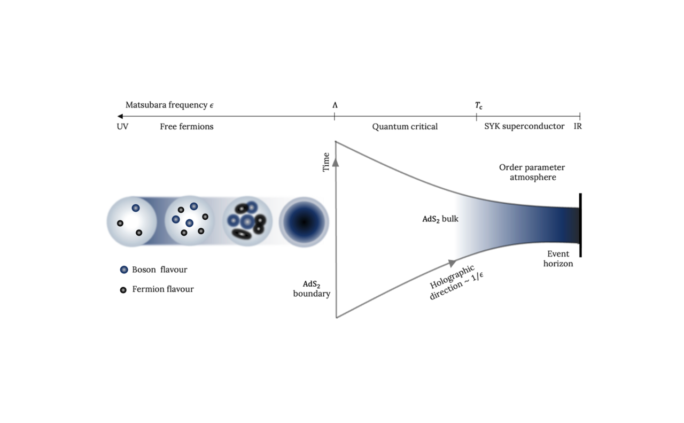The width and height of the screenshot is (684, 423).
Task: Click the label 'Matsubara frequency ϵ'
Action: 169,105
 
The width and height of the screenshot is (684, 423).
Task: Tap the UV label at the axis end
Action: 122,127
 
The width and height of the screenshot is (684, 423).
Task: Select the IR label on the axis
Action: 578,127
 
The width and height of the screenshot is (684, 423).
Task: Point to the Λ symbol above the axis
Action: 335,105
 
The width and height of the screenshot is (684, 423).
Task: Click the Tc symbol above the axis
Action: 478,105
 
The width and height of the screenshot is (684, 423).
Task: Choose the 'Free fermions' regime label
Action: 186,127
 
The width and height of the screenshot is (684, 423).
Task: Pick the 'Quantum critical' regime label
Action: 405,127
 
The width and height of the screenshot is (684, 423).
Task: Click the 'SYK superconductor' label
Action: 524,127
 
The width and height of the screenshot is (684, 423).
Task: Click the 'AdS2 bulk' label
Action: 440,219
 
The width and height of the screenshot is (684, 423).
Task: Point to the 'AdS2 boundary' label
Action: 312,289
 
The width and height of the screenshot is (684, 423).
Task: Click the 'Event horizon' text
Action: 558,259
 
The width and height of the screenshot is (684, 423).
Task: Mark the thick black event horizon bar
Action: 580,225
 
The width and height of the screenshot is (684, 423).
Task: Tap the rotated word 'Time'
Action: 326,163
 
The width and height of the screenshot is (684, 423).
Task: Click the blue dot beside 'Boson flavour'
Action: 124,270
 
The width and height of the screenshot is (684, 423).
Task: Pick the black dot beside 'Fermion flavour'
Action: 123,290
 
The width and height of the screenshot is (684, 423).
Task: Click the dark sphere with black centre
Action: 304,222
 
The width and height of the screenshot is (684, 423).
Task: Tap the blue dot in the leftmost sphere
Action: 136,208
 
